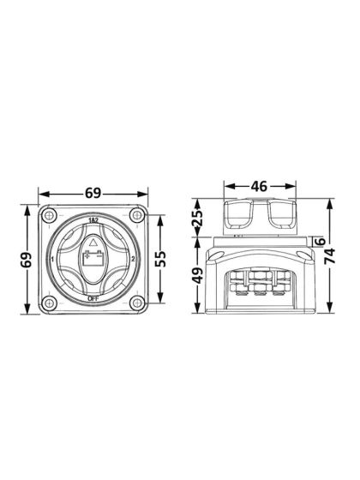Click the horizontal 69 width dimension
93,195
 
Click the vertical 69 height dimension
27,260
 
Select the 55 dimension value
161,259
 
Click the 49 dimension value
196,277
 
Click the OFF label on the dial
93,297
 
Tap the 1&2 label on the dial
93,222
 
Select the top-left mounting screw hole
50,216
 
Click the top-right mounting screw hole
135,216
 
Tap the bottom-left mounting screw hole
50,301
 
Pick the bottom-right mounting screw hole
135,301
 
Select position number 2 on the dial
132,259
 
